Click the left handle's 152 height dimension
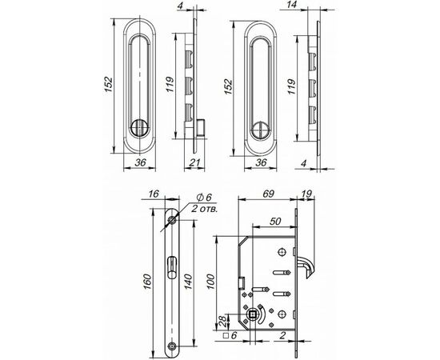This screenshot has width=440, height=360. coord(109,79)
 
